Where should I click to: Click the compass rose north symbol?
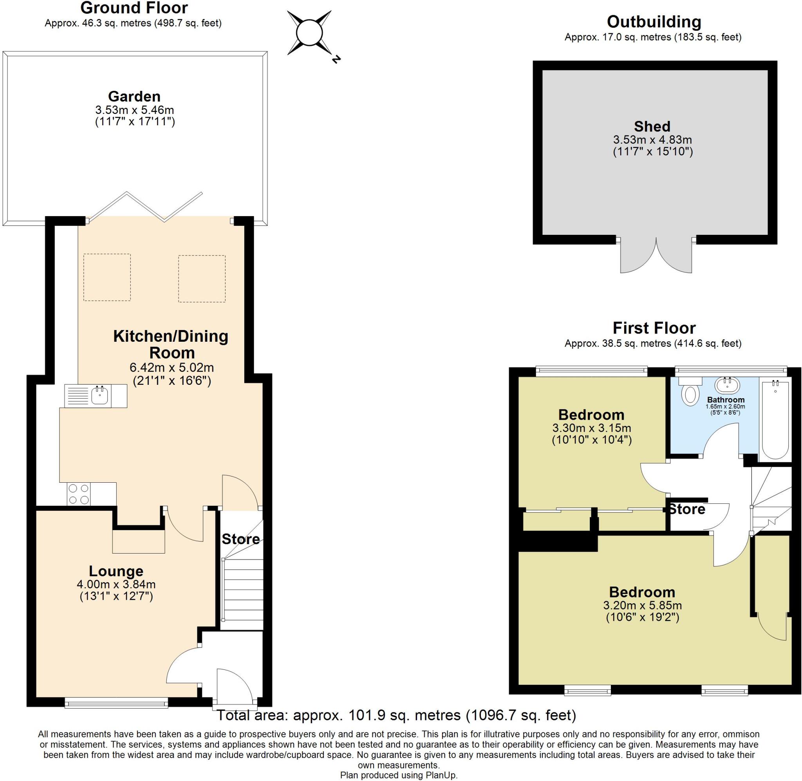click(310, 33)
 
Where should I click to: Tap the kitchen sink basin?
click(100, 395)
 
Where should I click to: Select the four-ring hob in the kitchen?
click(79, 494)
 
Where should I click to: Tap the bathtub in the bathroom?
click(775, 421)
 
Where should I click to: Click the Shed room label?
click(652, 126)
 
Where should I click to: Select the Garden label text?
click(134, 96)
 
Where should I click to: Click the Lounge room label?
click(116, 571)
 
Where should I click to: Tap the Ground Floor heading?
click(134, 8)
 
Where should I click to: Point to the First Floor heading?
click(654, 328)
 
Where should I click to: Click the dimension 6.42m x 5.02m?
click(172, 368)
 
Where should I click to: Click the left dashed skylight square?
click(107, 277)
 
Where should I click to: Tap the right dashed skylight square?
click(202, 278)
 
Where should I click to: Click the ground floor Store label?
click(241, 539)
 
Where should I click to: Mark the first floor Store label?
click(687, 509)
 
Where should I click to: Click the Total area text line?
click(396, 715)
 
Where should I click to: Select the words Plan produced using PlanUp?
click(399, 775)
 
